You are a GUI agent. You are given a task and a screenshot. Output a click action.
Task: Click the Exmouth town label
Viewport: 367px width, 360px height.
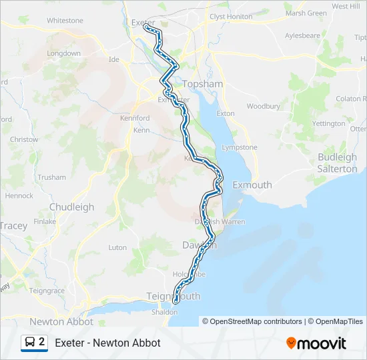(x=252, y=185)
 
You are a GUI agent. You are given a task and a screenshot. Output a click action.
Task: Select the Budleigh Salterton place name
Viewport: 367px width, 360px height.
(x=338, y=163)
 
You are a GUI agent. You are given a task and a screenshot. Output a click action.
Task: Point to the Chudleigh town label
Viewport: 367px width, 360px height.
(x=72, y=207)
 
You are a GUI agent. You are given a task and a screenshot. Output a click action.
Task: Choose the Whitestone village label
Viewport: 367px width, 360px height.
(x=65, y=21)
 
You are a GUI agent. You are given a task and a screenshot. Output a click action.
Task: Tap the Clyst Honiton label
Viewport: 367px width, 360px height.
(x=231, y=16)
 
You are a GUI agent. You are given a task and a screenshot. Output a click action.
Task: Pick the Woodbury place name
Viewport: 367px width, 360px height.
(x=263, y=106)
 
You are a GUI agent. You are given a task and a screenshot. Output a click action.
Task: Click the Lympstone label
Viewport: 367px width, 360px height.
(x=239, y=147)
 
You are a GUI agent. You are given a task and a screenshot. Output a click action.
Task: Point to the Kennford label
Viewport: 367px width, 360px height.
(x=135, y=118)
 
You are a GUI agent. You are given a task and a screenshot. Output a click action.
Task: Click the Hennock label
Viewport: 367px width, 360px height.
(x=19, y=196)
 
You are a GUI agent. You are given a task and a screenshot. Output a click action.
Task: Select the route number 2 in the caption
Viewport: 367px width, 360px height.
(x=42, y=342)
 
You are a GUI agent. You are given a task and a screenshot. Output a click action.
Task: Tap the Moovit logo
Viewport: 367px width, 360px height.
(x=316, y=343)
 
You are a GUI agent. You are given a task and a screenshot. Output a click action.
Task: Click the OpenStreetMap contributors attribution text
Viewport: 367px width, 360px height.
(x=252, y=321)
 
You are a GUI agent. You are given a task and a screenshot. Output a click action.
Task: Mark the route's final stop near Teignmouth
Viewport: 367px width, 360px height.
(x=175, y=301)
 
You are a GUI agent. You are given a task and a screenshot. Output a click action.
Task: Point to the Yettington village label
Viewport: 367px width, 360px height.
(x=328, y=123)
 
